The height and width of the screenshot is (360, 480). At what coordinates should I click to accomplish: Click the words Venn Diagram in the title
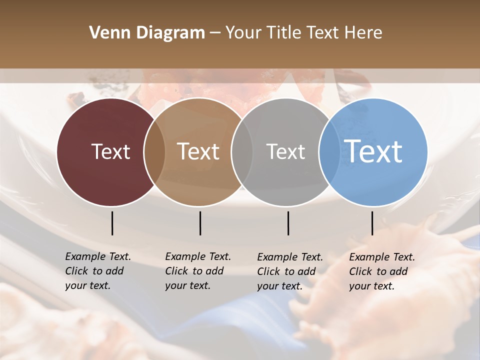click(147, 33)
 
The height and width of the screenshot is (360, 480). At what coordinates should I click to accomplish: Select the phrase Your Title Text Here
click(303, 33)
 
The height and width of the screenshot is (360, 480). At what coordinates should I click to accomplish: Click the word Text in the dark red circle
click(110, 151)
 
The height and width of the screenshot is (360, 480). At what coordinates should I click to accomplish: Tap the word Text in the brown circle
click(198, 151)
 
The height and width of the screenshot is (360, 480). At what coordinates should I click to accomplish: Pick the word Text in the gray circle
click(285, 151)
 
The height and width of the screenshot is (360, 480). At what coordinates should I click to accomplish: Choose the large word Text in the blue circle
click(373, 151)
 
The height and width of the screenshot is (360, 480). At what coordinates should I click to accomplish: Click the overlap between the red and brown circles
click(154, 152)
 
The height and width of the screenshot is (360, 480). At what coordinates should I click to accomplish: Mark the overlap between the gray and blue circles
click(328, 152)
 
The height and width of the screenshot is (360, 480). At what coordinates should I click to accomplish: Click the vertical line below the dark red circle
click(112, 223)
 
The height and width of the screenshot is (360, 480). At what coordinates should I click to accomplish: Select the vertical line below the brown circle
click(200, 223)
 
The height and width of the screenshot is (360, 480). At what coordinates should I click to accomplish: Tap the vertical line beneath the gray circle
click(288, 223)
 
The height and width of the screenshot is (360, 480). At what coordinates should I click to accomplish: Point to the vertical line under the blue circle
click(372, 223)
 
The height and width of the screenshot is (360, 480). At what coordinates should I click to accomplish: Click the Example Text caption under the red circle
click(97, 271)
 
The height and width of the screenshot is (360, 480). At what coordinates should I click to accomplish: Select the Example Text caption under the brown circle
click(197, 271)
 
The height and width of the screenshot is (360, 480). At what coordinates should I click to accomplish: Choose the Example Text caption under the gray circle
click(289, 271)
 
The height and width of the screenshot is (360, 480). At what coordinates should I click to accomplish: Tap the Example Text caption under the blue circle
click(381, 271)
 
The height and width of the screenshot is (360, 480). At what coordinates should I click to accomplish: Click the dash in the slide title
click(215, 33)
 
